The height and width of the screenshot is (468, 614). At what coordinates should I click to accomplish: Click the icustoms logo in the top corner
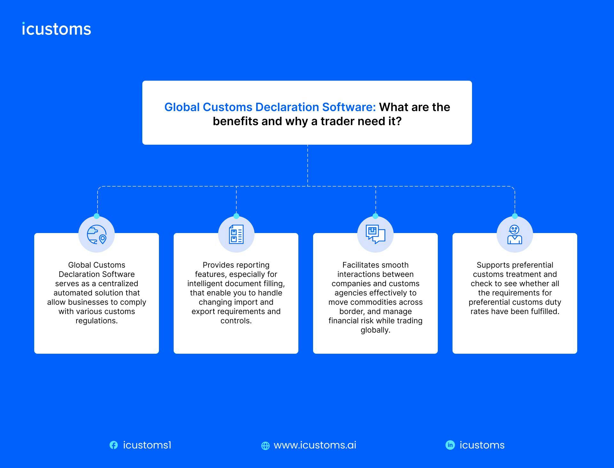pyautogui.click(x=57, y=29)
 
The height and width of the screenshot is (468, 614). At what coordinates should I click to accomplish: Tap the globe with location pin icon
pyautogui.click(x=97, y=235)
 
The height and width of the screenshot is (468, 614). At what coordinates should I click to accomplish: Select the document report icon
pyautogui.click(x=236, y=235)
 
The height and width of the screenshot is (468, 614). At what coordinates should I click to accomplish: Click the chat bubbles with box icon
pyautogui.click(x=375, y=234)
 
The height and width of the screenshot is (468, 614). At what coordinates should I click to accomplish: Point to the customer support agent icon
pyautogui.click(x=515, y=235)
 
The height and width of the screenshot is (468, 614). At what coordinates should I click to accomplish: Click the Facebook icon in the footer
pyautogui.click(x=114, y=445)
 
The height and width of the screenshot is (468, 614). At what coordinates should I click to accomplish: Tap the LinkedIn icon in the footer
pyautogui.click(x=450, y=445)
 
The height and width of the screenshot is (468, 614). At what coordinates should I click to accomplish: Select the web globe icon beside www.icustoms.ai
pyautogui.click(x=265, y=446)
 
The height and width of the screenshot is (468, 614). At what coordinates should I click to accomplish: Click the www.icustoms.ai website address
pyautogui.click(x=315, y=445)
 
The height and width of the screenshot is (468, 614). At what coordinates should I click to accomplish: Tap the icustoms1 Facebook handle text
pyautogui.click(x=147, y=445)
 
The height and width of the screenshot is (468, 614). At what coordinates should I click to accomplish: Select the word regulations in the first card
pyautogui.click(x=96, y=321)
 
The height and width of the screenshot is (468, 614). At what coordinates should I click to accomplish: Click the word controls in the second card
pyautogui.click(x=236, y=321)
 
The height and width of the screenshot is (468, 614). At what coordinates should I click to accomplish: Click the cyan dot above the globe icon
pyautogui.click(x=97, y=216)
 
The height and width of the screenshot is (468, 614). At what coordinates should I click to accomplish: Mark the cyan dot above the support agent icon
pyautogui.click(x=515, y=216)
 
